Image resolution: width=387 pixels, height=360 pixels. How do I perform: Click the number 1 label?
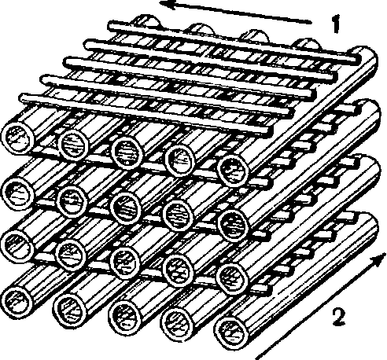tap(336, 24)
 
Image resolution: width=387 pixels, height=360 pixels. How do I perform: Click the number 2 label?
tap(339, 317)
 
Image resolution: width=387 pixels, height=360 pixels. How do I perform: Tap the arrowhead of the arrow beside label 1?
tap(168, 5)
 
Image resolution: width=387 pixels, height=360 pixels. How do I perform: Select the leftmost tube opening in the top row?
tap(18, 138)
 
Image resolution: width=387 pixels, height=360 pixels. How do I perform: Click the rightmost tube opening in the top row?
tap(233, 171)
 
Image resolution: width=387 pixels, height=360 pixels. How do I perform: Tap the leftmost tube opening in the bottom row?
tap(17, 302)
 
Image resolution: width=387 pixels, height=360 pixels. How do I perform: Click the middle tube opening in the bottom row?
tap(125, 316)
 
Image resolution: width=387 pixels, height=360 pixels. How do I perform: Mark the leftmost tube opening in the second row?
tap(17, 193)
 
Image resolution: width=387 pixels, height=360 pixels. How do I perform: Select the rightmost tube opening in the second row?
tap(233, 226)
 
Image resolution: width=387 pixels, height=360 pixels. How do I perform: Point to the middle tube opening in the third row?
tap(125, 263)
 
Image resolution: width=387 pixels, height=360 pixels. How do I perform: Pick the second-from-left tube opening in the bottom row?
tap(70, 309)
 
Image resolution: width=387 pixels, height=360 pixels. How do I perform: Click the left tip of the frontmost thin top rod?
tap(22, 99)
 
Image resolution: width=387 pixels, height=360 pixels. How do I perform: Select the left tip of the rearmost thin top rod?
tap(110, 26)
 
